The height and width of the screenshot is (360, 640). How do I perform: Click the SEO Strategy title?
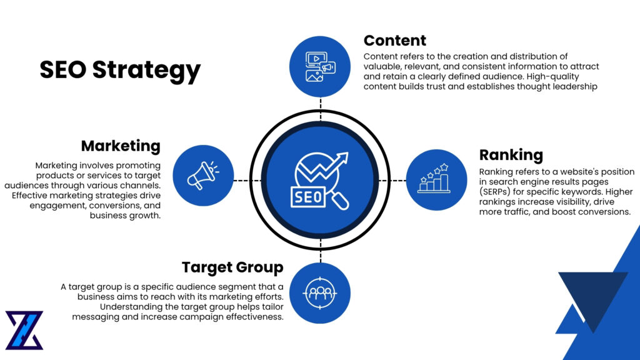click(x=120, y=70)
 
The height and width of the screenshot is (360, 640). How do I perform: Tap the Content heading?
click(x=394, y=41)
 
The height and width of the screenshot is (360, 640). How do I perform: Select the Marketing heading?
click(x=121, y=146)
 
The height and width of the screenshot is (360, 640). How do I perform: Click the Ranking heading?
click(x=511, y=155)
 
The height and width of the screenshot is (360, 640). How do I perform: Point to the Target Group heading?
click(x=232, y=267)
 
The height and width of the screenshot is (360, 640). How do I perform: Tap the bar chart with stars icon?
click(x=436, y=179)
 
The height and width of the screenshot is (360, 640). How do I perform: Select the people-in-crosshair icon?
click(x=319, y=292)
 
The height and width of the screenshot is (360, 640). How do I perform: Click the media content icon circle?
click(x=320, y=66)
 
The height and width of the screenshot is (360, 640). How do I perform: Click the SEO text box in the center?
click(x=307, y=198)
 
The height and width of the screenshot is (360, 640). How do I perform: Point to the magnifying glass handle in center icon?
click(x=341, y=201)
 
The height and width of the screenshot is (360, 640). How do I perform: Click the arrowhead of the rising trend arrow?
click(x=343, y=157)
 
